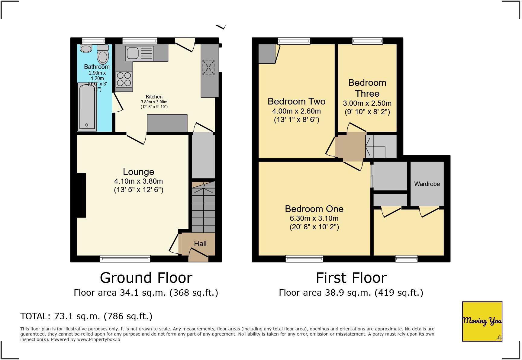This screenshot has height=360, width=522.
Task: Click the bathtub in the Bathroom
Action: [x=87, y=107]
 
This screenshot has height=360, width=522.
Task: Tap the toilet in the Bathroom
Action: [x=103, y=54]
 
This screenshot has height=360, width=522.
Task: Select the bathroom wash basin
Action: [x=86, y=48]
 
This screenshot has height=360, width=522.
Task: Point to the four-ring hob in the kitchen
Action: [x=124, y=79]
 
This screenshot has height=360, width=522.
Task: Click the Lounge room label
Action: [x=139, y=172]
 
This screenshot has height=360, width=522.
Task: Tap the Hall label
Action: [x=200, y=244]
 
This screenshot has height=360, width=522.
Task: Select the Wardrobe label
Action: [x=427, y=184]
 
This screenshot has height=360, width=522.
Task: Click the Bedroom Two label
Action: [x=297, y=101]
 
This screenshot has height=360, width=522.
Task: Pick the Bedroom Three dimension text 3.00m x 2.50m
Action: [x=367, y=103]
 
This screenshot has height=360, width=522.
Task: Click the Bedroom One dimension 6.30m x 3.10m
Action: [x=314, y=218]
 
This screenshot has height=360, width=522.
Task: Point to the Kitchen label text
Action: [x=154, y=97]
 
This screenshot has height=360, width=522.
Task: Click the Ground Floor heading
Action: [x=146, y=278]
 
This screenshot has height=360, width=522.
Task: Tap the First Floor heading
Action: [x=351, y=278]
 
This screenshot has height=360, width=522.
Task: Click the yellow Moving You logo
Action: [x=482, y=321]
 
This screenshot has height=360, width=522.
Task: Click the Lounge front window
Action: [x=125, y=259]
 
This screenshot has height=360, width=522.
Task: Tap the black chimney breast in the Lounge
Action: [x=81, y=195]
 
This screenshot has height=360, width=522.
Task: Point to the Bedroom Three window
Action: [x=367, y=41]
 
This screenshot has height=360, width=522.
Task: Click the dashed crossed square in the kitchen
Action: [x=208, y=67]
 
